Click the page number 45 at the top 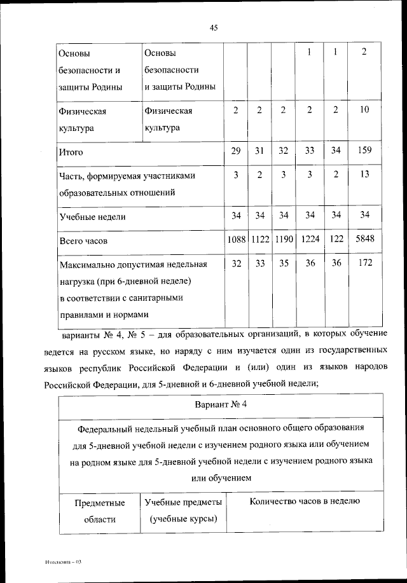pyautogui.click(x=213, y=27)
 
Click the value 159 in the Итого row pyautogui.click(x=364, y=151)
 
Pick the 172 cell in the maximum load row pyautogui.click(x=364, y=263)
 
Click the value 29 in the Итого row pyautogui.click(x=235, y=151)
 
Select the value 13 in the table pyautogui.click(x=364, y=174)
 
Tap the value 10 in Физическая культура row pyautogui.click(x=364, y=110)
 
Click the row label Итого pyautogui.click(x=71, y=153)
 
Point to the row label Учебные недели pyautogui.click(x=92, y=217)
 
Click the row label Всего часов pyautogui.click(x=83, y=242)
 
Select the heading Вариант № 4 pyautogui.click(x=222, y=404)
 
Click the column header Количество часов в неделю pyautogui.click(x=305, y=501)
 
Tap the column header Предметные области pyautogui.click(x=99, y=511)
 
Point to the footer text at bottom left pyautogui.click(x=65, y=563)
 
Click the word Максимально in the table pyautogui.click(x=90, y=264)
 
